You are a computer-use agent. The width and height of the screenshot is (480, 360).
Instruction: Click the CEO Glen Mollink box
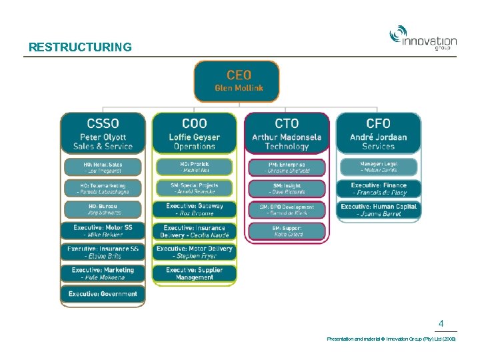pos(238,81)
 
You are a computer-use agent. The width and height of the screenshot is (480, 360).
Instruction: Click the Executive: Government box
pos(103,294)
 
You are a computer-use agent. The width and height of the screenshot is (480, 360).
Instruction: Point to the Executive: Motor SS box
pos(103,231)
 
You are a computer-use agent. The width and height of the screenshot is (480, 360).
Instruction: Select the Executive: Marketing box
pos(103,273)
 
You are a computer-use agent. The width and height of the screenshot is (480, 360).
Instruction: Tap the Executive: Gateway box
pos(194,209)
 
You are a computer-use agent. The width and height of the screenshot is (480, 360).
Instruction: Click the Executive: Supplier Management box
pos(194,273)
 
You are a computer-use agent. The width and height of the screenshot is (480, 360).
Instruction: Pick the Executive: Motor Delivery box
pos(194,252)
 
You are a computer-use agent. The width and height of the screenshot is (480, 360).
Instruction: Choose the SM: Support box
pos(287,231)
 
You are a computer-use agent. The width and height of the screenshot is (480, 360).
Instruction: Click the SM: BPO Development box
pos(287,209)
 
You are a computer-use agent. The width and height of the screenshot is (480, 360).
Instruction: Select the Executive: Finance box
pos(378,188)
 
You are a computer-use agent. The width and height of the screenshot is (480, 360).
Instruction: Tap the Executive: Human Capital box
pos(378,209)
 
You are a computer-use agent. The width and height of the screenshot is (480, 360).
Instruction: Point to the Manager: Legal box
pos(378,167)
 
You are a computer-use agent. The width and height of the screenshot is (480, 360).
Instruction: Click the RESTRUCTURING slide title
pos(80,47)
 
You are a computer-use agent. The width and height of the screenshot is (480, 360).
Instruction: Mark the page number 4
pos(441,324)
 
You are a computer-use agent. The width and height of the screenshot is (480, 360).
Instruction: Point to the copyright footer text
pos(391,339)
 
